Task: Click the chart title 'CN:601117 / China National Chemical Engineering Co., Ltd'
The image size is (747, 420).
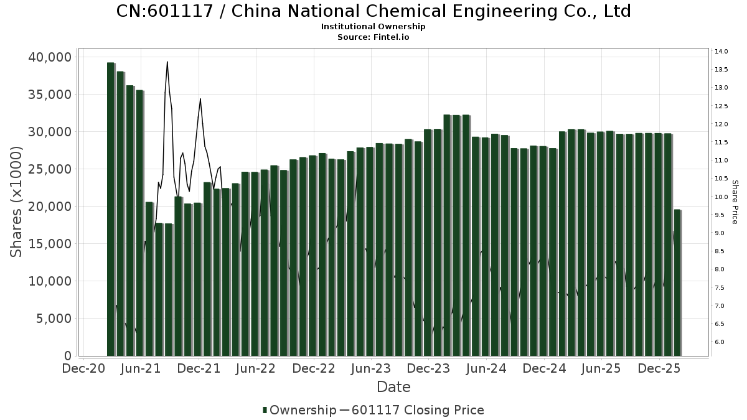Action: pos(374,11)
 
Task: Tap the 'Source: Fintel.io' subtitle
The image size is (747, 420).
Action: pos(374,37)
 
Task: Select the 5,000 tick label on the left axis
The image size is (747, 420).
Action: pos(54,319)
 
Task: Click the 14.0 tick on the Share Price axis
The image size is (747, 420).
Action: pos(721,52)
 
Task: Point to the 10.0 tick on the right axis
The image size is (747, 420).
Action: pos(721,197)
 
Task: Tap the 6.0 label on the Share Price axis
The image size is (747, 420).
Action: pos(719,342)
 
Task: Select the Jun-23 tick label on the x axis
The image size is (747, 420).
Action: pos(371,368)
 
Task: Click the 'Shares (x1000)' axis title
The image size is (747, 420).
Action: pos(17,202)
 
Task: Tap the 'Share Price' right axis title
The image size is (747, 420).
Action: pos(735,202)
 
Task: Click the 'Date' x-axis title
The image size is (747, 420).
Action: pos(393,387)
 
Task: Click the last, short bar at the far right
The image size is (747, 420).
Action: pos(677,283)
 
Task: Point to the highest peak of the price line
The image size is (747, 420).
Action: pos(167,62)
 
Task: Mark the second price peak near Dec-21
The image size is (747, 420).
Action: pos(200,99)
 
